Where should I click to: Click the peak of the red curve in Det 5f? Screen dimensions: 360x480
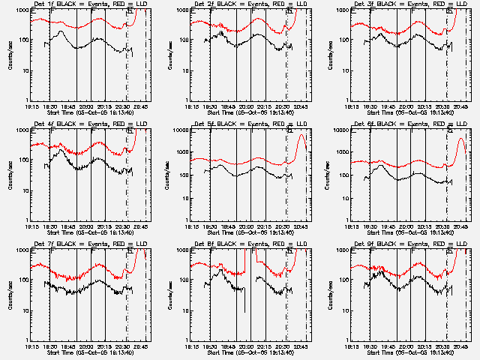tap(302, 136)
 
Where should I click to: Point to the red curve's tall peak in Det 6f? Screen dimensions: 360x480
tap(461, 139)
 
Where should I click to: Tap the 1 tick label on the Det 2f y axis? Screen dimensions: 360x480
tap(186, 100)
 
